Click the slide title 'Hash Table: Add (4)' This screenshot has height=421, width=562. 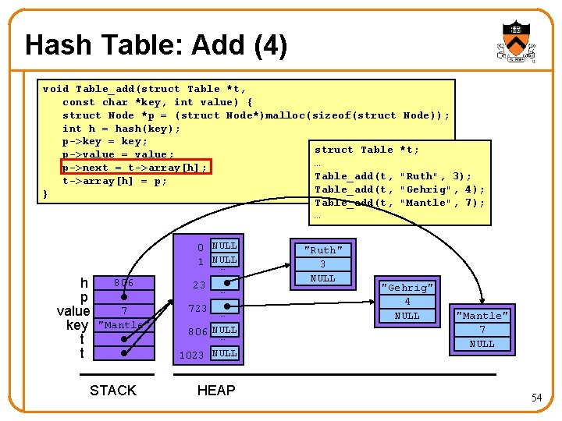pos(156,46)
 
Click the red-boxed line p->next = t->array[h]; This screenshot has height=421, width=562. pos(134,168)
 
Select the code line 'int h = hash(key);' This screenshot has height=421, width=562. pos(121,129)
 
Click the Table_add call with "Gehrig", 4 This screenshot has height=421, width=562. pos(399,189)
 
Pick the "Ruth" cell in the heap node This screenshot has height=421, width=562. pos(322,250)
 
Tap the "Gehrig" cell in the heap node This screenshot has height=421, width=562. pos(407,288)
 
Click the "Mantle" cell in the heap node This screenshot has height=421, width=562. pos(482,316)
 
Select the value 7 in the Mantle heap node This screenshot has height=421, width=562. pos(482,330)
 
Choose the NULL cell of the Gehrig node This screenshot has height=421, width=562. pos(407,316)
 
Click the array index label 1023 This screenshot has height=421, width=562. pos(192,355)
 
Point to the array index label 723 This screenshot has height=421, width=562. pos(197,309)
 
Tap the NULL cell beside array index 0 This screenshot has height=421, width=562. pos(225,246)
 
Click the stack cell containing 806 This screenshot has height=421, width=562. pos(123,283)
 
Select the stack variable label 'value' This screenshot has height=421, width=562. pos(73,311)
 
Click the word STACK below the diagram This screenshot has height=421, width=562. pos(113,391)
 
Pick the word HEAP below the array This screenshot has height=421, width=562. pos(216,391)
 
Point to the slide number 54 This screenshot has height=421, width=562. pos(535,398)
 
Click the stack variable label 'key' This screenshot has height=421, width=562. pos(77,325)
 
